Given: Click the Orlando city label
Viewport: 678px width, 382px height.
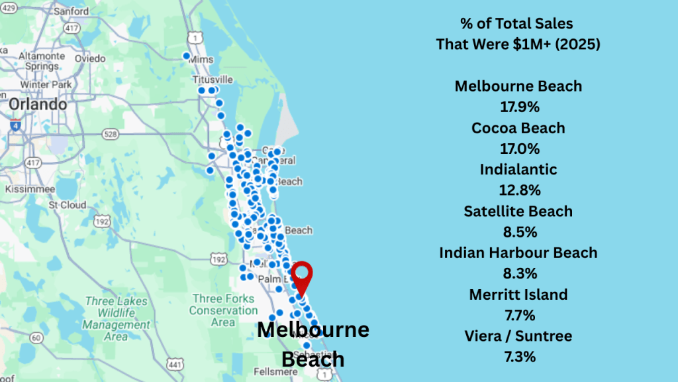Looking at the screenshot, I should click(38, 105).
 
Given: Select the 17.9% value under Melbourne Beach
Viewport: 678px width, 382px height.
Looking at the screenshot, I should click(518, 107).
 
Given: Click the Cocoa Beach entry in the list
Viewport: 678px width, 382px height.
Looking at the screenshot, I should click(518, 128).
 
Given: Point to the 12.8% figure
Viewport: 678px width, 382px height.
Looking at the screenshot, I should click(518, 190).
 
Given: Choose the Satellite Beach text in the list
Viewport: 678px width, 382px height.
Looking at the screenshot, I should click(518, 212).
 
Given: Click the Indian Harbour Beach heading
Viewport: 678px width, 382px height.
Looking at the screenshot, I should click(518, 253).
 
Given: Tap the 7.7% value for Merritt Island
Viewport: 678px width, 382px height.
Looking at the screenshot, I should click(518, 315).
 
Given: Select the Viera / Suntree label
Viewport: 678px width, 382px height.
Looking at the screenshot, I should click(518, 336).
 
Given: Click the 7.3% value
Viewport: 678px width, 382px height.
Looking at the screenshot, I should click(518, 357).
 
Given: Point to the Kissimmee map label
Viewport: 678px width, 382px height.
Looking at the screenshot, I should click(25, 189).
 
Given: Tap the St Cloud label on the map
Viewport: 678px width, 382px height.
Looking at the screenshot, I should click(65, 204).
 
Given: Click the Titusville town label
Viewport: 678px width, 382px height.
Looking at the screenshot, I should click(212, 79).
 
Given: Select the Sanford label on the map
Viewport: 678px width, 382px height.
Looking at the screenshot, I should click(72, 11).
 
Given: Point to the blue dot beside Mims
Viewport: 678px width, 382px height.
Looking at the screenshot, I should click(187, 56).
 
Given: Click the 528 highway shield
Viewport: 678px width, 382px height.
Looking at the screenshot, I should click(111, 134).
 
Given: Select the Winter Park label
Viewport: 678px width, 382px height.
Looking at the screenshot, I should click(46, 85).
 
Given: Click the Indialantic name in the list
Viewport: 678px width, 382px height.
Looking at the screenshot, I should click(518, 170).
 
